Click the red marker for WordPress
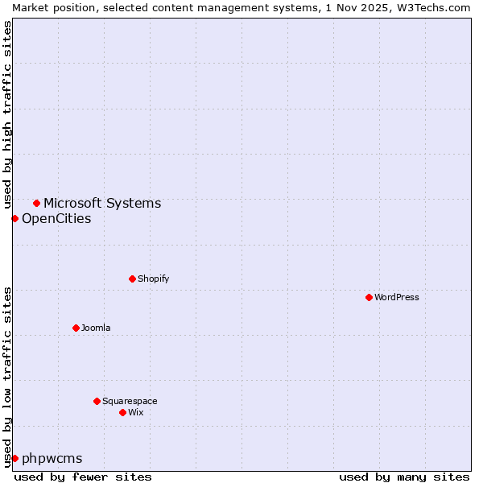click(369, 297)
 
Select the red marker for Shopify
click(132, 279)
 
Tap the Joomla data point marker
click(76, 328)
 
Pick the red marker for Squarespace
click(97, 401)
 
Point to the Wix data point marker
click(122, 412)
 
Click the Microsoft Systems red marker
click(36, 203)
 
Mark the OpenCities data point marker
click(14, 218)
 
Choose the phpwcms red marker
click(14, 458)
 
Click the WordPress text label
click(397, 297)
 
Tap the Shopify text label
click(153, 279)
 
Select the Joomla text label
click(96, 328)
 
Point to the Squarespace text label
click(130, 401)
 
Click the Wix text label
click(135, 412)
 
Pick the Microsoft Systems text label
click(102, 203)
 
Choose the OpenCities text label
click(56, 218)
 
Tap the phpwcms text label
click(52, 458)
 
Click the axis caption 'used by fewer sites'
click(83, 477)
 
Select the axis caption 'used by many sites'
click(404, 477)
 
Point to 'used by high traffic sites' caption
click(7, 112)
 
